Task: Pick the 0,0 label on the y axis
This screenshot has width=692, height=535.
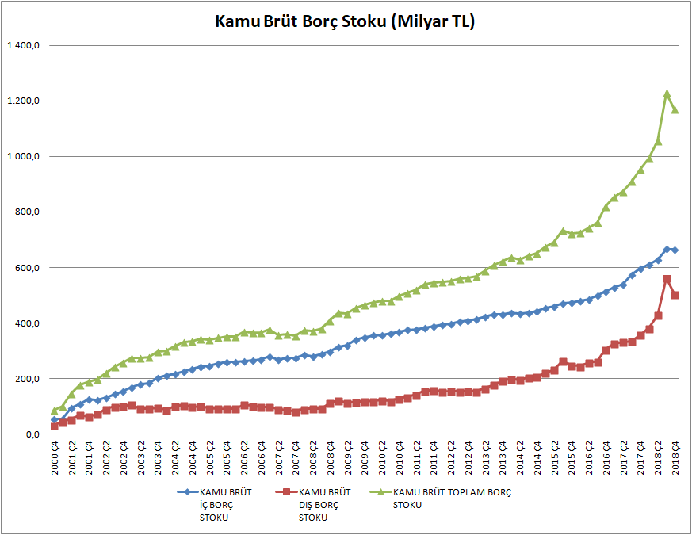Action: [31, 434]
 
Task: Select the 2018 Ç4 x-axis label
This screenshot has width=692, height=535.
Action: [675, 458]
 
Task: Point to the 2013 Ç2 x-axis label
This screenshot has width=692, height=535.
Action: [486, 458]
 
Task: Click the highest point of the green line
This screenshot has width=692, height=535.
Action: [667, 94]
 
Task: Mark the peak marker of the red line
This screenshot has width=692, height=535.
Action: [667, 279]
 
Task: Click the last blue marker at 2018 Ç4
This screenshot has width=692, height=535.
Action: [675, 250]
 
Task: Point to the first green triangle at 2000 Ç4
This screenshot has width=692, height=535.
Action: [55, 411]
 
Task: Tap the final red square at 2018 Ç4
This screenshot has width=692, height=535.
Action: [675, 295]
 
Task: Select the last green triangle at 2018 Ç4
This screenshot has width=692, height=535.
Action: [675, 109]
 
